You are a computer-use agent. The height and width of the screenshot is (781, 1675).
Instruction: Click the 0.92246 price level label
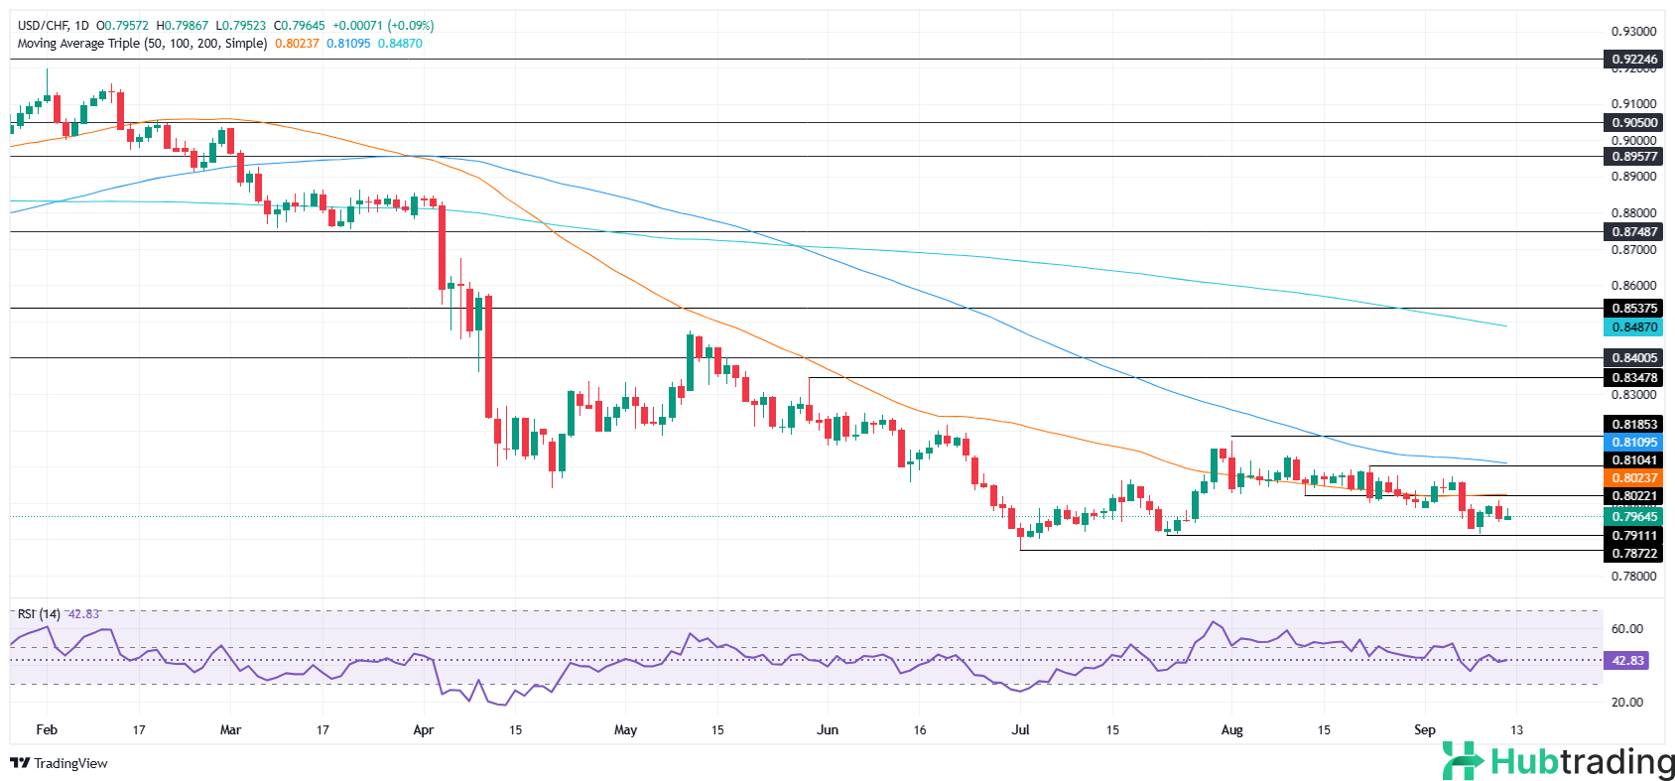coord(1632,60)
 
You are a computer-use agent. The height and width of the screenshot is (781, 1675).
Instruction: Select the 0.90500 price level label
coord(1632,123)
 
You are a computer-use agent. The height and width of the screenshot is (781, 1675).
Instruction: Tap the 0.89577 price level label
coord(1632,157)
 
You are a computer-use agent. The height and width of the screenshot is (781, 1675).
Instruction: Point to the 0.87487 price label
coord(1632,232)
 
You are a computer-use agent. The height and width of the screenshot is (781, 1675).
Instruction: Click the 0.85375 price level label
coord(1632,309)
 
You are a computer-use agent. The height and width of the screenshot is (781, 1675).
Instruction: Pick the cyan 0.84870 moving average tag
coord(1632,327)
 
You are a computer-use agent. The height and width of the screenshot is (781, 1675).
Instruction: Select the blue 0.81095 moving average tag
coord(1632,443)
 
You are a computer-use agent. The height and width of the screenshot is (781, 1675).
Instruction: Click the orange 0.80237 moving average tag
coord(1632,478)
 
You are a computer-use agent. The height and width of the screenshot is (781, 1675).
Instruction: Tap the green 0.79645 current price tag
coord(1632,517)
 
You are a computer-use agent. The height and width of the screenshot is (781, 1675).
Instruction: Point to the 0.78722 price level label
coord(1632,554)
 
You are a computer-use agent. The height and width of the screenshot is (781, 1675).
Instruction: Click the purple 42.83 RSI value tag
coord(1627,660)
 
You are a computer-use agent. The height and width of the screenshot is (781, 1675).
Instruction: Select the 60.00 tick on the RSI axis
coord(1626,629)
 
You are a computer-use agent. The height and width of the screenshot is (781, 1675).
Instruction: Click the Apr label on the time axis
coord(423,730)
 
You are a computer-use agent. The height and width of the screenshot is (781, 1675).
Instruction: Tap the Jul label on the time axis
coord(1020,730)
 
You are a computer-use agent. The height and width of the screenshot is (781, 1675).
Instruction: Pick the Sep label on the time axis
coord(1424,730)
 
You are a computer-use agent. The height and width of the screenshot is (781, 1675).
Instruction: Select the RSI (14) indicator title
coord(39,614)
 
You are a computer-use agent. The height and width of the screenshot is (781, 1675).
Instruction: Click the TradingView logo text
coord(69,763)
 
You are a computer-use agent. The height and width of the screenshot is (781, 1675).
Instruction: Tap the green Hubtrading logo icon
coord(1463,761)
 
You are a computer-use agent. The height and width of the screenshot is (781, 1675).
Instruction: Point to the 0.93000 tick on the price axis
coord(1633,32)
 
